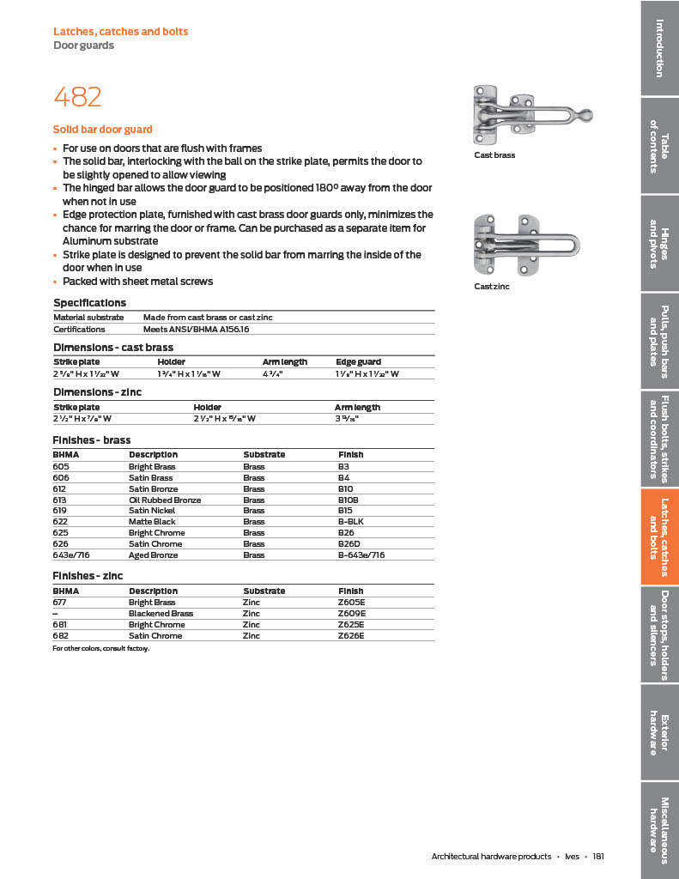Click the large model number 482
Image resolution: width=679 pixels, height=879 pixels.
coord(77,96)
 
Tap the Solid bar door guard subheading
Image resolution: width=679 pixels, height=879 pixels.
coord(102,130)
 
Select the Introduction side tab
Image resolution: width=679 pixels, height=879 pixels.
coord(659,48)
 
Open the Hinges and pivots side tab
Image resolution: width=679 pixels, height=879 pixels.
coord(659,244)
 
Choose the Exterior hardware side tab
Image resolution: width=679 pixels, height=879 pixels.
coord(659,734)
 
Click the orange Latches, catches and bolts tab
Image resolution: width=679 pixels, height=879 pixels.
coord(659,536)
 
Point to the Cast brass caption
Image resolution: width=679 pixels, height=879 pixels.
coord(494,155)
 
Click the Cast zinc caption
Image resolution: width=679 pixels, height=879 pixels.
coord(492,287)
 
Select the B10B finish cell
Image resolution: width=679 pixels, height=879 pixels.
coord(349,500)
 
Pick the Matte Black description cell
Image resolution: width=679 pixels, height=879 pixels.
coord(152,522)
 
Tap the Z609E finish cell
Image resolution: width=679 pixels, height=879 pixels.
coord(352,614)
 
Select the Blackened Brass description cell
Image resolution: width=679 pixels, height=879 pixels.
coord(161,614)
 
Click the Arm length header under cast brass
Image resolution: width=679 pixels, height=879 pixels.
coord(284,362)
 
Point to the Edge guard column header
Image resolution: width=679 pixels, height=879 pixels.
coord(358,362)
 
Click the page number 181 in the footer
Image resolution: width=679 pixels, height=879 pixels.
coord(598,856)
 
